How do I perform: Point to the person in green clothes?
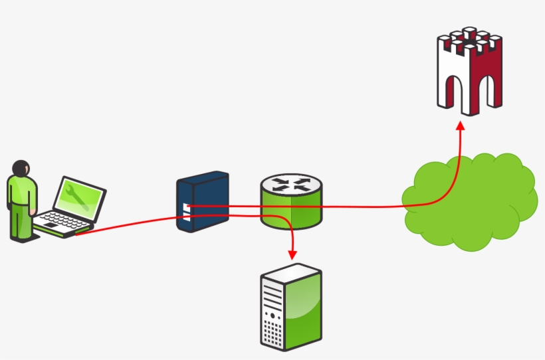tap(21, 203)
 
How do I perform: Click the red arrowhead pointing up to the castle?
tap(460, 126)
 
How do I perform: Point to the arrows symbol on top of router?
tap(290, 184)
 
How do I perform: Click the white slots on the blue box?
tap(185, 211)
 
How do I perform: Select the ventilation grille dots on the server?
tap(271, 331)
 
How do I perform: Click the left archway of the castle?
tap(456, 89)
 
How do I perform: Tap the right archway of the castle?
tap(485, 89)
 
